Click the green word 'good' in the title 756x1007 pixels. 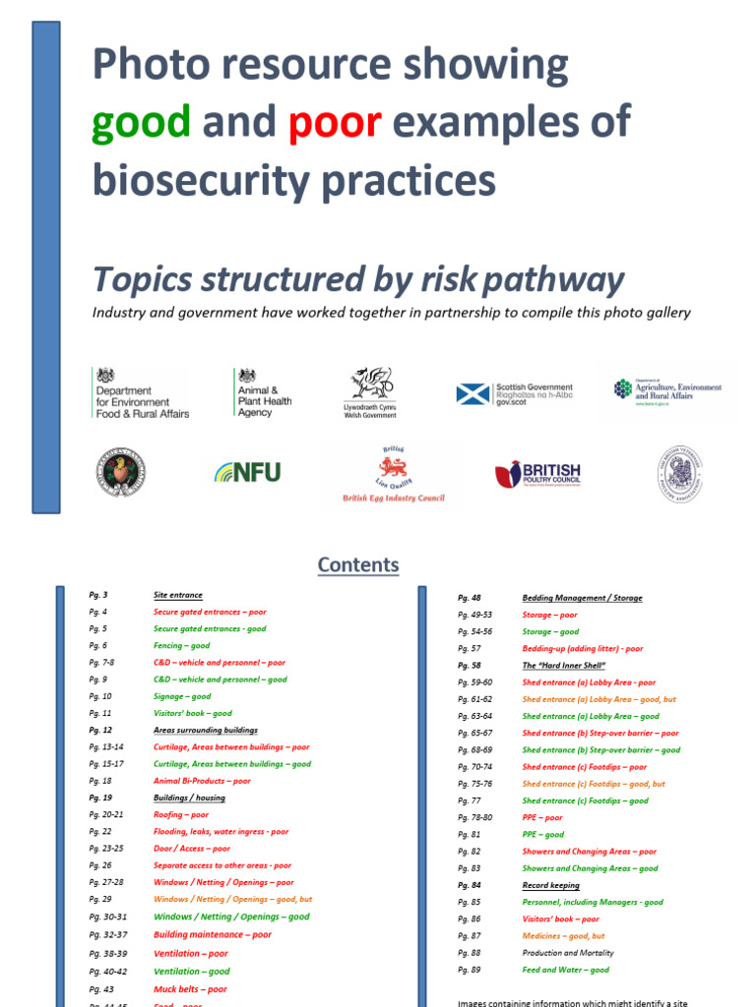[x=140, y=123]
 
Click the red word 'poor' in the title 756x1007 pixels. [x=335, y=123]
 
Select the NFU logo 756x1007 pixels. [x=247, y=472]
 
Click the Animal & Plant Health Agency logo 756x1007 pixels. [x=263, y=393]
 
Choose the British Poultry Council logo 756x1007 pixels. [x=537, y=474]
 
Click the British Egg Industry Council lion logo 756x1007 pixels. [x=393, y=473]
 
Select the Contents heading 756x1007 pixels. [x=358, y=564]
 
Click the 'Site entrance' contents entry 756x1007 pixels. [x=178, y=595]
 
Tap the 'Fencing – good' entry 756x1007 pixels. [x=181, y=646]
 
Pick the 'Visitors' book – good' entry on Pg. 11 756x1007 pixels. [x=193, y=713]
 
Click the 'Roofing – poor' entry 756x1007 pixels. [x=181, y=814]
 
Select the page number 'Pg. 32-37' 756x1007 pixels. [x=109, y=934]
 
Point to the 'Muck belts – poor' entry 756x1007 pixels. [x=190, y=989]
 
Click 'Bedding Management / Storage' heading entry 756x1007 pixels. [x=584, y=598]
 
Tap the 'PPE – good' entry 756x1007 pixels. [x=542, y=834]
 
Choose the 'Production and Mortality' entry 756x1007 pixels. [x=567, y=952]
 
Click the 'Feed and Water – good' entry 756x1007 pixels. [x=565, y=970]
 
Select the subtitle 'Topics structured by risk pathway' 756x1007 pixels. [x=358, y=280]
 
